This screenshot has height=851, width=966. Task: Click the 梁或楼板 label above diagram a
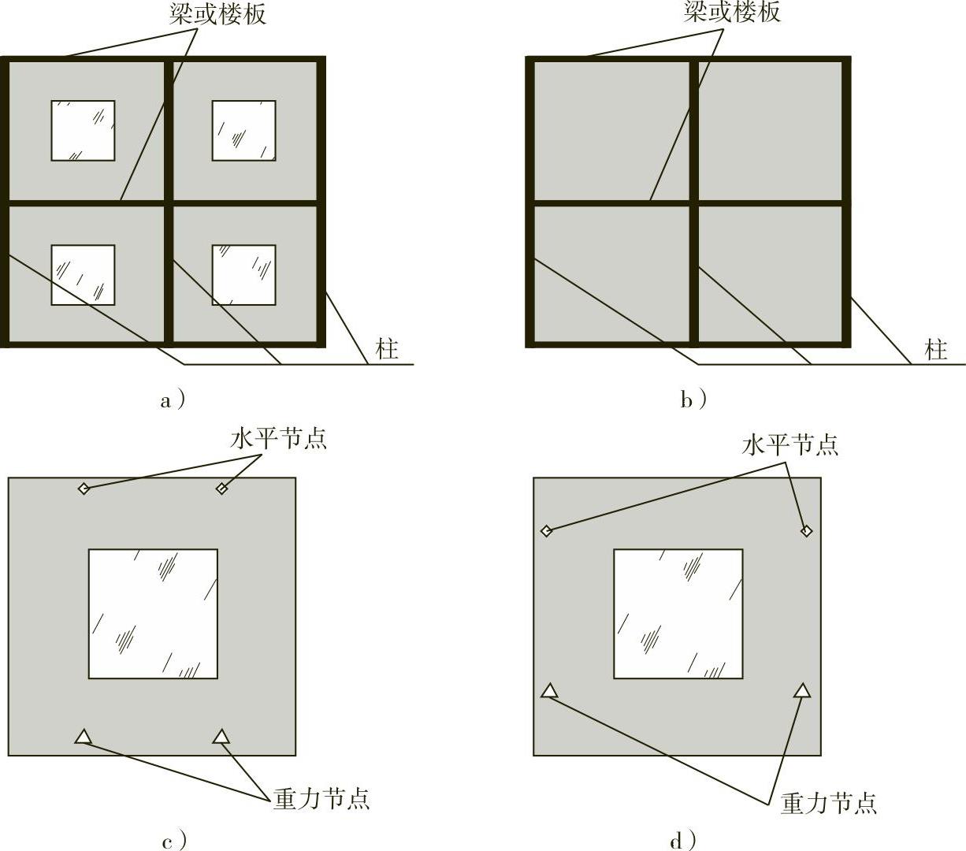pos(217,14)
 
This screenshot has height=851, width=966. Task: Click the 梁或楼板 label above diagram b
pos(732,12)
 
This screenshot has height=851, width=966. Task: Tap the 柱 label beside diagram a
pos(387,348)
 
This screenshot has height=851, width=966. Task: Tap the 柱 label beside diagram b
pos(935,349)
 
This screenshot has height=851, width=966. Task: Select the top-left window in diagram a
pos(83,130)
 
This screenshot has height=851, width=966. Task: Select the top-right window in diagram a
pos(243,130)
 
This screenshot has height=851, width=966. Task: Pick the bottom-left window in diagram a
pos(83,274)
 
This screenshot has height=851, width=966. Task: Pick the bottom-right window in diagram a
pos(243,274)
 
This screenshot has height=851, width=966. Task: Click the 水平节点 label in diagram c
pos(279,438)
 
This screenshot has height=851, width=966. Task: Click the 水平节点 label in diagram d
pos(790,444)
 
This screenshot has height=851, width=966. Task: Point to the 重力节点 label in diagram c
pos(321,799)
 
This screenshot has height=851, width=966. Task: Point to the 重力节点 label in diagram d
pos(829,803)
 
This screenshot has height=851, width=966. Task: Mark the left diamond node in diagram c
pos(84,489)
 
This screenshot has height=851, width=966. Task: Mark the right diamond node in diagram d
pos(806,531)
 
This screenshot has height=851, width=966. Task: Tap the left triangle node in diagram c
pos(83,737)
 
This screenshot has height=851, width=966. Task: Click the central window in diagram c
pos(153,614)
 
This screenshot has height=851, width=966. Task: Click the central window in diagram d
pos(678,614)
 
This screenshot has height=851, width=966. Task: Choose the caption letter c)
pos(174,841)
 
